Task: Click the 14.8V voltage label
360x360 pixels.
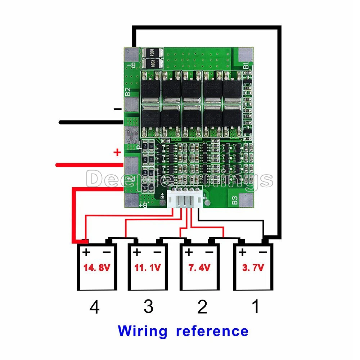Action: pos(96,268)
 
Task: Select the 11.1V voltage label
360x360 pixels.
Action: pos(148,268)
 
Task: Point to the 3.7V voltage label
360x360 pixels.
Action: pos(253,267)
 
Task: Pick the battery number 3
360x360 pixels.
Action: pos(148,307)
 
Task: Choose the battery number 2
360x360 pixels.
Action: pos(202,307)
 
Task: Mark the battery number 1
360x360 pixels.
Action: pos(255,307)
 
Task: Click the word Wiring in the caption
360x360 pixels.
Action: pos(143,331)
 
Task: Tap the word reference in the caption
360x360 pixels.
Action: pos(212,331)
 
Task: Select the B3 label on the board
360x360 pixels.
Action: pos(235,201)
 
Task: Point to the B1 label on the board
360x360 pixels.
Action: pos(246,66)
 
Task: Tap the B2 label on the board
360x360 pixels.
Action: pos(127,92)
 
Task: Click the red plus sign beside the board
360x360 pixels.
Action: pos(117,152)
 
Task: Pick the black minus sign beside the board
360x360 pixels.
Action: pos(117,109)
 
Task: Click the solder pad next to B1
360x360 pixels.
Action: pos(244,54)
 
